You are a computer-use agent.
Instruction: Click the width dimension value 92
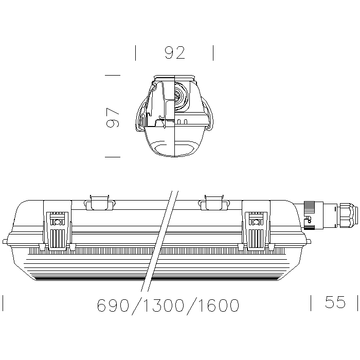click(x=175, y=53)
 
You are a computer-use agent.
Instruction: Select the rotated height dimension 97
click(x=113, y=118)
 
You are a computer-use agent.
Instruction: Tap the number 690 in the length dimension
click(x=113, y=305)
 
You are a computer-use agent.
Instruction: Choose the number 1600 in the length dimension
click(x=219, y=305)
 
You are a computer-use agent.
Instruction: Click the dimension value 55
click(x=335, y=302)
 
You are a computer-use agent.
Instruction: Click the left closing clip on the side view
click(x=58, y=225)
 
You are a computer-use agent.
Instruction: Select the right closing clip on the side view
click(x=256, y=225)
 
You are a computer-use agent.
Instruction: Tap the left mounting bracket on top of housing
click(x=100, y=203)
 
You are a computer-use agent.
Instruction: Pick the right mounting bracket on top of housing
click(x=214, y=203)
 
